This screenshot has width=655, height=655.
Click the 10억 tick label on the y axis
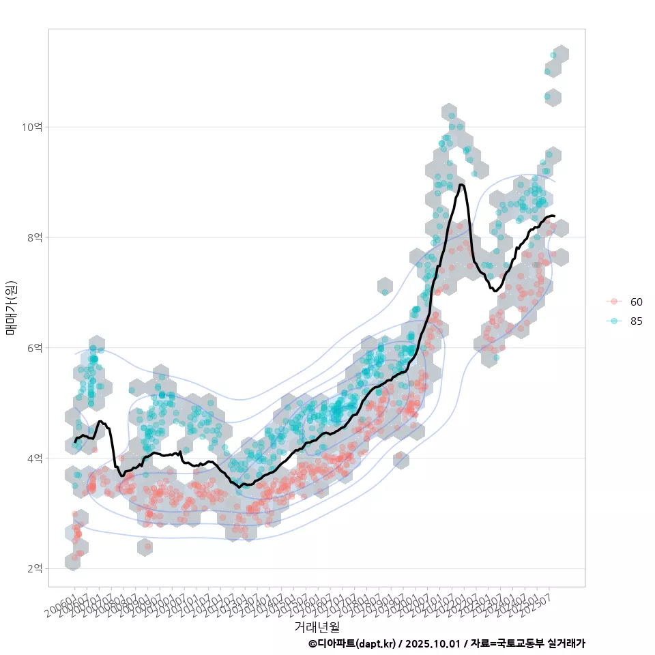coord(32,127)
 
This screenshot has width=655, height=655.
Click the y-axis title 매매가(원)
coord(12,308)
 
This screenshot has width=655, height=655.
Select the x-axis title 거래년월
coord(317,626)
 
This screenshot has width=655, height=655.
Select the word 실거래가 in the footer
coord(567,644)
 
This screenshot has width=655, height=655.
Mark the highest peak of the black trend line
coord(462,184)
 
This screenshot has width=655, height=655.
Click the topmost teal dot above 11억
coord(553,55)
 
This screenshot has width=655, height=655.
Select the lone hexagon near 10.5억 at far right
coord(552,98)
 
